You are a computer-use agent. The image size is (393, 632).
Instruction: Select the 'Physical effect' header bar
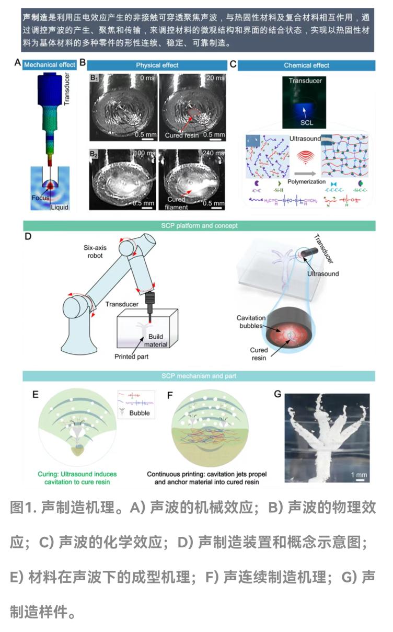point(157,65)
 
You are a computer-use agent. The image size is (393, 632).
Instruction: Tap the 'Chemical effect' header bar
point(306,65)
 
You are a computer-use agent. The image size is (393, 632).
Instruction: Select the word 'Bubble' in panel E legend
point(140,413)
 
